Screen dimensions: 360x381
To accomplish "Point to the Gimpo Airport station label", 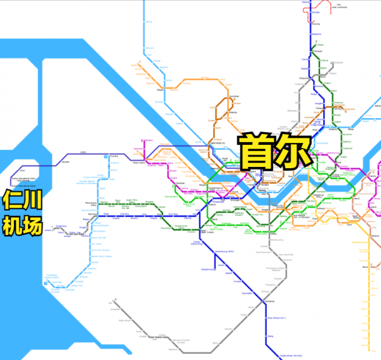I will click(x=137, y=163).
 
